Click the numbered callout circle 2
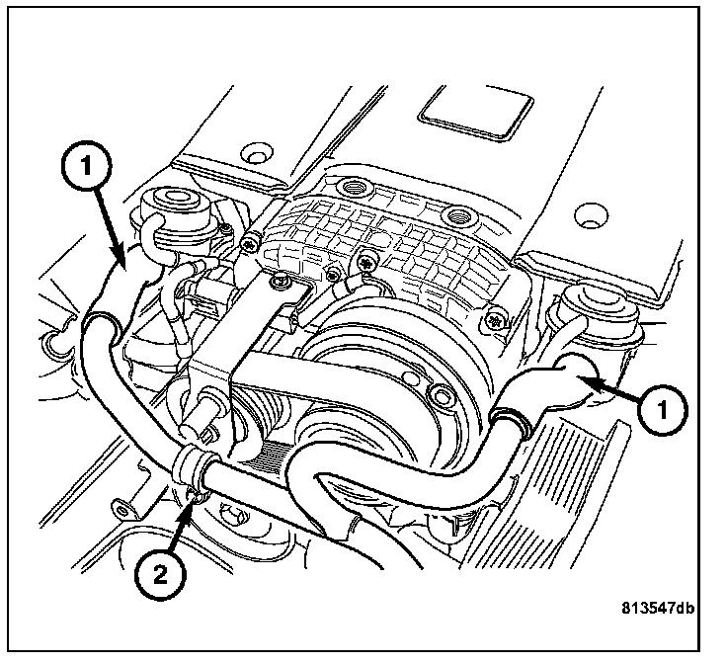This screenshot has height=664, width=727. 160,575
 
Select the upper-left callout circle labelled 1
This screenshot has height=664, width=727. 87,165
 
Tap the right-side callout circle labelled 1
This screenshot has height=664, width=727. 663,410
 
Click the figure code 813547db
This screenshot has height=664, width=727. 659,608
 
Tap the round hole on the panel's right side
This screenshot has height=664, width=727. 591,215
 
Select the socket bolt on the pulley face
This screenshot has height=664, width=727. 440,394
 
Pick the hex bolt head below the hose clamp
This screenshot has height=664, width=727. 235,518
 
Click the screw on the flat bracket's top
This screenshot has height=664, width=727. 281,281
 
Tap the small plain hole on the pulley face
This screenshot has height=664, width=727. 407,375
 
